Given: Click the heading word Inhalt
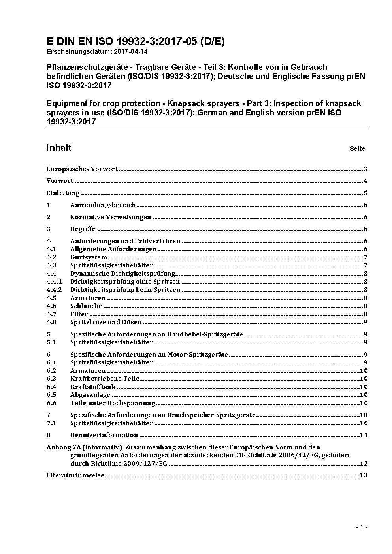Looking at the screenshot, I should [x=59, y=148].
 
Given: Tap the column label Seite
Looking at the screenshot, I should [x=357, y=149].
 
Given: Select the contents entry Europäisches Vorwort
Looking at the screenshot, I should [x=82, y=169].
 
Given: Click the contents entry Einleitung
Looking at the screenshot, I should [x=63, y=193].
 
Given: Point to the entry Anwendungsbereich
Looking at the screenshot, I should [x=103, y=205].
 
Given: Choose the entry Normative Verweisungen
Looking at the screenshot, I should [x=111, y=217].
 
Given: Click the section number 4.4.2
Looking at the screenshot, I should [x=54, y=290].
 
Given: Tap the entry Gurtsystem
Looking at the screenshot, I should [x=89, y=257].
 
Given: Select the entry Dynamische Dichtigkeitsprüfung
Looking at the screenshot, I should [x=122, y=274].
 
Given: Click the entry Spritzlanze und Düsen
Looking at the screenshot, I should [x=106, y=322].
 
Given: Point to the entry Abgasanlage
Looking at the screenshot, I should [x=90, y=395].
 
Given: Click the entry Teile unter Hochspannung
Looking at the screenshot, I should [x=113, y=403].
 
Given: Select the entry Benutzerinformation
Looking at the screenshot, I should [x=104, y=435].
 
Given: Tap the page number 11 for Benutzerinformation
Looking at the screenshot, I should [x=364, y=435].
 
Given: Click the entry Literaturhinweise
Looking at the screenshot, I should [x=75, y=475].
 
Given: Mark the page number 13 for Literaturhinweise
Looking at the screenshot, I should [x=364, y=475].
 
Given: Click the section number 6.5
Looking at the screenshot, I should [x=51, y=395].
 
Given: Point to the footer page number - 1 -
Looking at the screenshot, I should [x=362, y=527].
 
